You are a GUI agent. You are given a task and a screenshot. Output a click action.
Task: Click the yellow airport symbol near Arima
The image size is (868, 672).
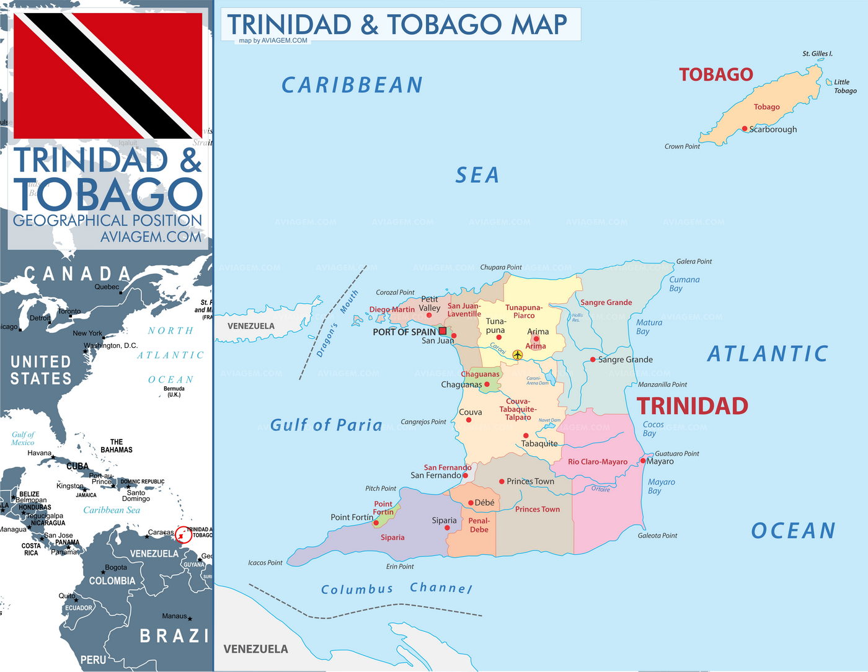[x=518, y=355]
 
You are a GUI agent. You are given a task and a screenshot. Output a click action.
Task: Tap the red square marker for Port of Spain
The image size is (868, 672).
[x=443, y=331]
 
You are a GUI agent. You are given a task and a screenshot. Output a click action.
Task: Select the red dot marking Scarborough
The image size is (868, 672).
[x=745, y=129]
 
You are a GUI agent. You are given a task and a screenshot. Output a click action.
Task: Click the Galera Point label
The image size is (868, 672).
[x=694, y=262]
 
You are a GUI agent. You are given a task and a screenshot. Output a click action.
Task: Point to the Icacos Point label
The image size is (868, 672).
[x=265, y=563]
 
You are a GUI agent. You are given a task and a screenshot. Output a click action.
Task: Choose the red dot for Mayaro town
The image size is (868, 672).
[x=643, y=461]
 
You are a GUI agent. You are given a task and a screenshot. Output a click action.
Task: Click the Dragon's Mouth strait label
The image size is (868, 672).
[x=337, y=324]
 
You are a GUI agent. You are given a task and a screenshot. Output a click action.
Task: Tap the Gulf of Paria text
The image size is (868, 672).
[x=326, y=425]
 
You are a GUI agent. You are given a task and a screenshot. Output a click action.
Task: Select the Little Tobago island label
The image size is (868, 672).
[x=844, y=86]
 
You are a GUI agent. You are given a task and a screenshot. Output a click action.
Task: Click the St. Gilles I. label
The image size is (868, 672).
[x=817, y=54]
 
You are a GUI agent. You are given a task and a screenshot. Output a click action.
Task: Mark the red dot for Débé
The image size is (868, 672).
[x=471, y=503]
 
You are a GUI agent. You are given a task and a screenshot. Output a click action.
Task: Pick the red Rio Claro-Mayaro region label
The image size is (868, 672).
[x=598, y=462]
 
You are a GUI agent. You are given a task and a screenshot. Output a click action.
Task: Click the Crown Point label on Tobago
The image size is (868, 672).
[x=682, y=147]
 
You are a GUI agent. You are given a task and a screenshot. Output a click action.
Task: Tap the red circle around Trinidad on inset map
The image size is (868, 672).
[x=184, y=534]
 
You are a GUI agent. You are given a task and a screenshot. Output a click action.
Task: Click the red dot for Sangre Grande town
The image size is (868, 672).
[x=593, y=360]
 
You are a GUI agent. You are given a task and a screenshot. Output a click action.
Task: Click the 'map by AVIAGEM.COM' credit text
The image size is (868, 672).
[x=273, y=41]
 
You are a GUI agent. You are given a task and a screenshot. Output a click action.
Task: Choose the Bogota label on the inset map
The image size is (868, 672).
[x=116, y=567]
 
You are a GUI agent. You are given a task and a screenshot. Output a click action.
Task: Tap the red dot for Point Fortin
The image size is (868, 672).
[x=376, y=523]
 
